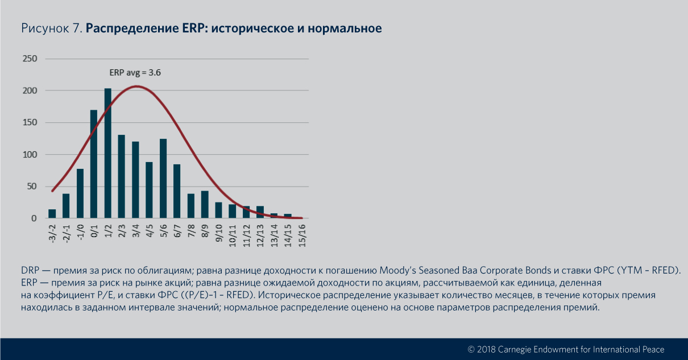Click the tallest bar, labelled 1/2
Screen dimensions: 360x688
107,154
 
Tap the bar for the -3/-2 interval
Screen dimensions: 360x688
52,214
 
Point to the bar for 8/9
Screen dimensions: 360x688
205,205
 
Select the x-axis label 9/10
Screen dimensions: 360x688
218,233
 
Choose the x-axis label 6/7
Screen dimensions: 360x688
177,232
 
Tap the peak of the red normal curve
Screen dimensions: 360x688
136,86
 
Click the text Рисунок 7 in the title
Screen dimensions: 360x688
52,28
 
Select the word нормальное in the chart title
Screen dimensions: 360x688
346,28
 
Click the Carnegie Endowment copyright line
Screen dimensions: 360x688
566,349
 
